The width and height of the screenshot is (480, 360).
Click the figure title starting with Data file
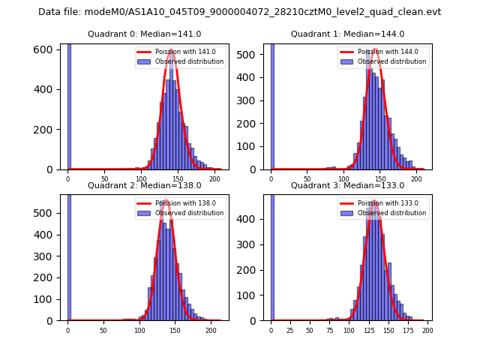tap(239, 12)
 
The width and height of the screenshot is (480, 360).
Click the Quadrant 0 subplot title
tap(144, 34)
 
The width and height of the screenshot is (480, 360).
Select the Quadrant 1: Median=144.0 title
tap(347, 34)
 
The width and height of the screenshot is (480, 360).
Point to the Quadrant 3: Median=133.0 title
tap(347, 185)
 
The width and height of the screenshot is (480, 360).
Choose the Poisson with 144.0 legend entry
tap(383, 52)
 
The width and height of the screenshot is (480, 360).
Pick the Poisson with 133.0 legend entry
tap(383, 203)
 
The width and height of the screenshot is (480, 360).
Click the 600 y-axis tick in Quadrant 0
tap(46, 49)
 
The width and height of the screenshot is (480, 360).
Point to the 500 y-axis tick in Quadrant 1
tap(250, 55)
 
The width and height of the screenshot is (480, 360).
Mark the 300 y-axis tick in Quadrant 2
tap(46, 257)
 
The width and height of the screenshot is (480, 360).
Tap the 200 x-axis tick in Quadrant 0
tap(214, 178)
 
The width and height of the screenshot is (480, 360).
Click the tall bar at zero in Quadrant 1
tap(271, 105)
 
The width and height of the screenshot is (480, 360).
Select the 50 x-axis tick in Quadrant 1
tap(308, 178)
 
